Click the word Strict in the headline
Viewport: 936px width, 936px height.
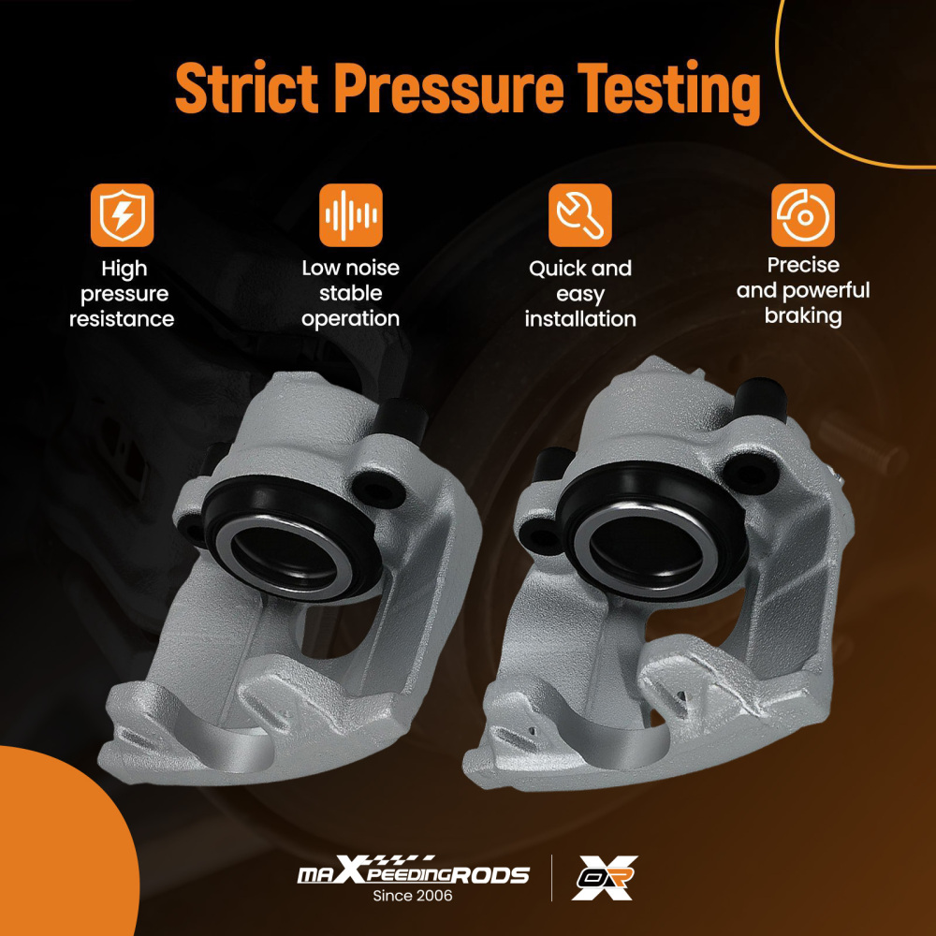[x=246, y=87]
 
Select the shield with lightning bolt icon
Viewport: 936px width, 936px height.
[x=122, y=215]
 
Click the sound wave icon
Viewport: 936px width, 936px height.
[x=350, y=215]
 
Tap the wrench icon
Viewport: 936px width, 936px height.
[x=579, y=215]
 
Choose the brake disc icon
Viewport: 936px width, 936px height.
[x=803, y=215]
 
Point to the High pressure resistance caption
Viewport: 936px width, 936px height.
[x=122, y=294]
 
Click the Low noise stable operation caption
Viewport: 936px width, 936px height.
[x=350, y=293]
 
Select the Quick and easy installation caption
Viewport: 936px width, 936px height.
[x=580, y=294]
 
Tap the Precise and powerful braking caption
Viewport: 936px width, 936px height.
[x=803, y=291]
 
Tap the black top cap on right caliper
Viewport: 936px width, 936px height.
[x=760, y=399]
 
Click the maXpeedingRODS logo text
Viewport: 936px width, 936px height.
[x=413, y=871]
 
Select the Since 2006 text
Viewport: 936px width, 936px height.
[x=413, y=896]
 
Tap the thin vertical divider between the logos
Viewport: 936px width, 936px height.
[x=551, y=878]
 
